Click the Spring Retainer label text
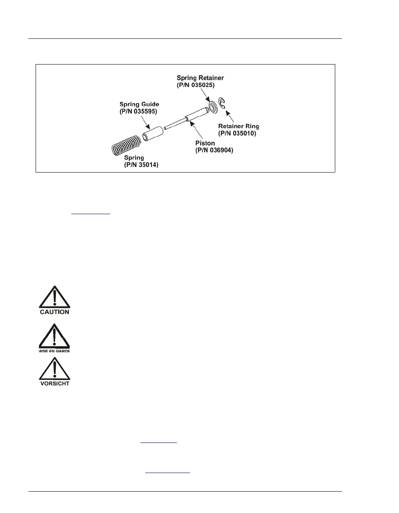click(x=200, y=78)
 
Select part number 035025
click(x=196, y=85)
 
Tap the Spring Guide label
click(x=139, y=104)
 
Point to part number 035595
click(x=138, y=112)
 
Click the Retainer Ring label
click(x=239, y=126)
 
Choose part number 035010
click(x=237, y=133)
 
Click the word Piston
click(x=205, y=143)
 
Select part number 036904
click(x=214, y=150)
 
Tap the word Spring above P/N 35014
click(x=134, y=158)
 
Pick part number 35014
click(x=141, y=165)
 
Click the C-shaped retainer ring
click(x=222, y=103)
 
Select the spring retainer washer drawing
click(x=213, y=106)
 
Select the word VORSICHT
click(x=55, y=383)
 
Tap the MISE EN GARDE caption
click(x=54, y=351)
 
